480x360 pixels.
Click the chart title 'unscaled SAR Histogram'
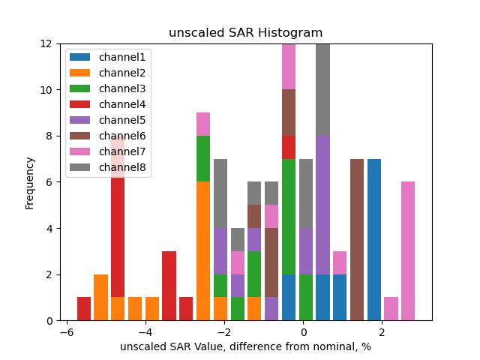245,33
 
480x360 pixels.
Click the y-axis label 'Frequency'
30,182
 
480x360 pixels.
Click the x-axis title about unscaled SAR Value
245,346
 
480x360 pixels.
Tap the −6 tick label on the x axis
66,332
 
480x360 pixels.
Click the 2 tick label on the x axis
382,332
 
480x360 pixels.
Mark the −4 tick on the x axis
145,332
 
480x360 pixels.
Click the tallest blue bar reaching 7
373,240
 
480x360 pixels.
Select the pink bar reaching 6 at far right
408,251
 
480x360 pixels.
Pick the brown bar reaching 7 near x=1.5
357,240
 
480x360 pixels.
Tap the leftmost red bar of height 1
84,309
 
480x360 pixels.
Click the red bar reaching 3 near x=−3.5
169,286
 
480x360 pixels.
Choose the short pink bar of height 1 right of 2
391,309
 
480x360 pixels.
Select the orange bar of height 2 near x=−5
101,298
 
